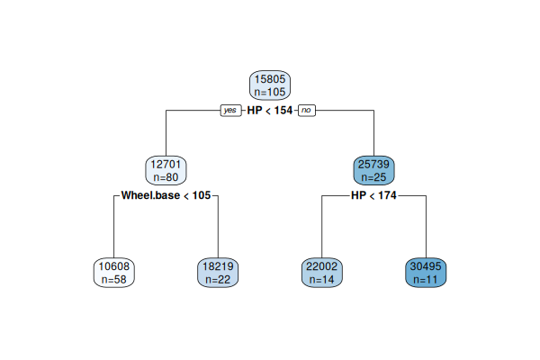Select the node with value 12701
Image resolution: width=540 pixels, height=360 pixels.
[x=166, y=170]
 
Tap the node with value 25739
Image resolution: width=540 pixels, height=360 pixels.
[x=373, y=170]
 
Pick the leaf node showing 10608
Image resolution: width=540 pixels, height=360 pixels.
[x=114, y=273]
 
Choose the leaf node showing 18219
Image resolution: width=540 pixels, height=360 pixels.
[x=218, y=273]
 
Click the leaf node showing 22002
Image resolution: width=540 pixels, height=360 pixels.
[x=321, y=273]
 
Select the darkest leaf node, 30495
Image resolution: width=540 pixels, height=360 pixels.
[x=425, y=273]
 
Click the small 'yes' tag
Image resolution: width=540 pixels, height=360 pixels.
[x=231, y=110]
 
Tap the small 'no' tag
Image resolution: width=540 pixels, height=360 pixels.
[x=307, y=110]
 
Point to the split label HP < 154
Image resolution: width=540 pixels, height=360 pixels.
[x=269, y=110]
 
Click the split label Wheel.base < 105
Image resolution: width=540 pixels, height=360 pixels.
[x=166, y=194]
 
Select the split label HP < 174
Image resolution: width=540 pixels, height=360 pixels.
[x=373, y=194]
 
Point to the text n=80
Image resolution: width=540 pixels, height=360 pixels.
[x=166, y=177]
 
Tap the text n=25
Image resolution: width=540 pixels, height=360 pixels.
[x=373, y=177]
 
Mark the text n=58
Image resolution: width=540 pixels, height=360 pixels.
[x=114, y=280]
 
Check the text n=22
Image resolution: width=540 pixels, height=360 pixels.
[x=218, y=280]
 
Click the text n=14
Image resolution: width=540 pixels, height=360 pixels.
[x=321, y=280]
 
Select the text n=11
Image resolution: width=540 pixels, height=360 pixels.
[x=425, y=280]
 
